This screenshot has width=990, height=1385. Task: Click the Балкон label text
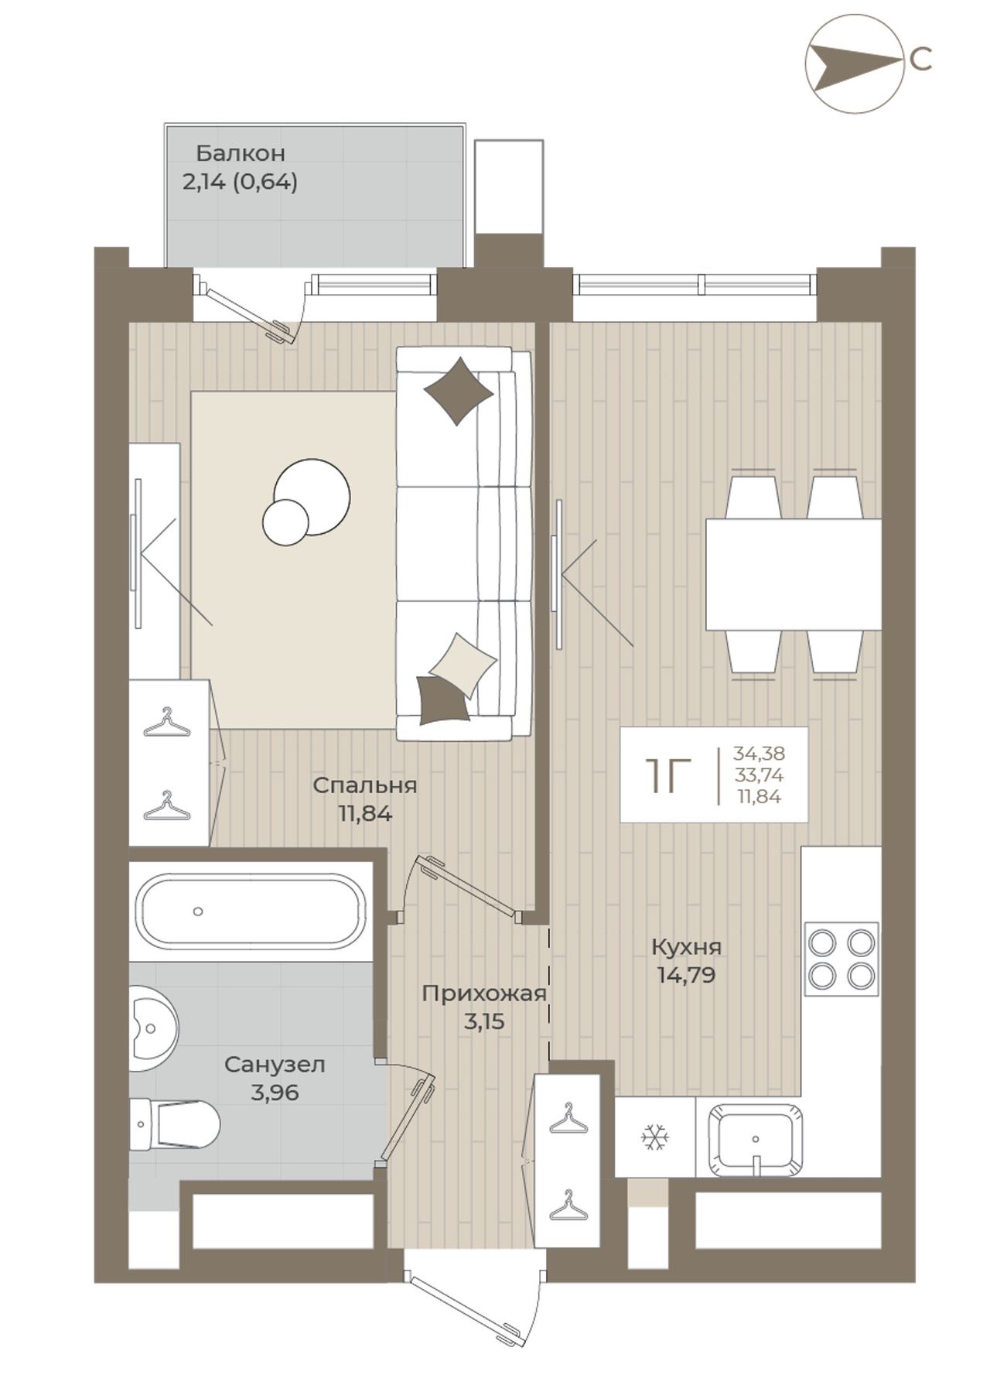240,152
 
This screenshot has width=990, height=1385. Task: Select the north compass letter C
921,60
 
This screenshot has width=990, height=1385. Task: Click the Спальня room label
364,785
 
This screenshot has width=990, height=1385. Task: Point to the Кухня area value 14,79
686,975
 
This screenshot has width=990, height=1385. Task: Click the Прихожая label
484,993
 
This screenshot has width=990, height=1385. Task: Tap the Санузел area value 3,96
275,1093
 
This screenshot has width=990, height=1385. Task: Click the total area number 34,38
759,753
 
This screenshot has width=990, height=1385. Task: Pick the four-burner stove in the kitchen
841,959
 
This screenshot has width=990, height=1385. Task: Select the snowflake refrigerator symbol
654,1138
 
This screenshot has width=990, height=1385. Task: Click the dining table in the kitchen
794,574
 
